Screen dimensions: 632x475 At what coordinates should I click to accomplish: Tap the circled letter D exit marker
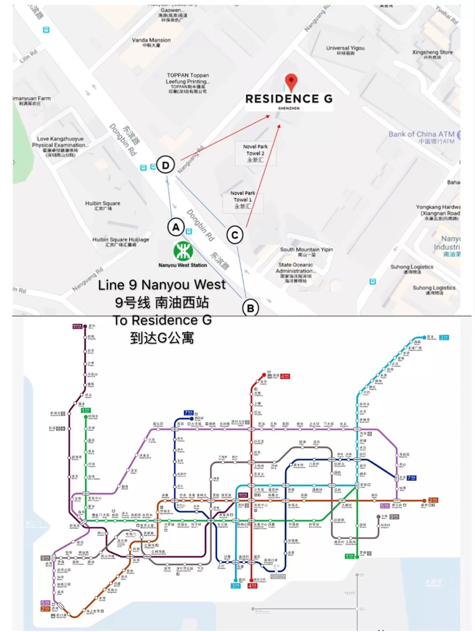tap(165, 165)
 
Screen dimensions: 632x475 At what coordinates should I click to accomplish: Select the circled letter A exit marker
tap(176, 227)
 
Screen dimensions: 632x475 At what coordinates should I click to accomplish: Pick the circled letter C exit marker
tap(235, 235)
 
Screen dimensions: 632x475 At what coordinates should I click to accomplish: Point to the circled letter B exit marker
tap(250, 308)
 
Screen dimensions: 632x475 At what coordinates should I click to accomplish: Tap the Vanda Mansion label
tap(151, 40)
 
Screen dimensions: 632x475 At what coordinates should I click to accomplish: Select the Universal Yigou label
tap(345, 48)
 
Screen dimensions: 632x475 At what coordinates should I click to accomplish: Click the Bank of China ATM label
tap(422, 134)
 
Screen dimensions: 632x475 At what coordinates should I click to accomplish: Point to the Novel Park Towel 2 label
tap(255, 150)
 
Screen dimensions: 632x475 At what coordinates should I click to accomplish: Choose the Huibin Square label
tap(103, 204)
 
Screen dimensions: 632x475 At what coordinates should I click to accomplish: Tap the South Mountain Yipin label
tap(306, 250)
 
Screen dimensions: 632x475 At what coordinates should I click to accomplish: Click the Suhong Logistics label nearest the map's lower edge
tap(434, 288)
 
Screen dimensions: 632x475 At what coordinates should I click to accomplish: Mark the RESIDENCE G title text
tap(289, 99)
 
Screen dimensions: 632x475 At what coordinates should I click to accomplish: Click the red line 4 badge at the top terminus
tap(285, 376)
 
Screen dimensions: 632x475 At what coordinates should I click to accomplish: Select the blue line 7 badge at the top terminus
tap(188, 413)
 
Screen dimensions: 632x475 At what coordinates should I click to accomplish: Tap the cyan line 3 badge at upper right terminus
tap(444, 337)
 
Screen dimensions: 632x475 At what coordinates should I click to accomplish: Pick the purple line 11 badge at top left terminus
tap(77, 327)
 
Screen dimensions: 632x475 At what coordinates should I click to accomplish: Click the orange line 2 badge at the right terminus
tap(433, 500)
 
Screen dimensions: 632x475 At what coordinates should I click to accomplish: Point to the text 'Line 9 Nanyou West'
tap(162, 285)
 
